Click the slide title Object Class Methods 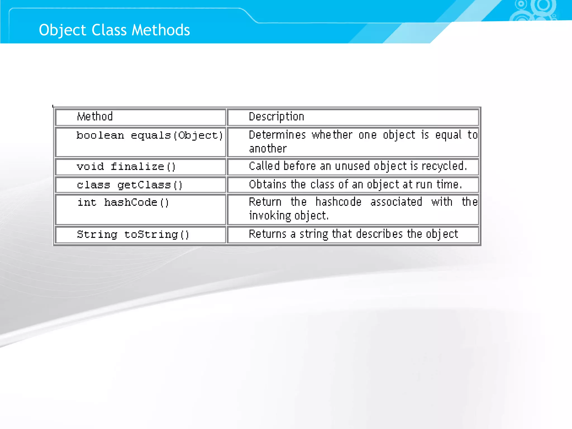coord(114,30)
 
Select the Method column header coord(95,116)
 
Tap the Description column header coord(276,117)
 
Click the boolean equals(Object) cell coord(149,135)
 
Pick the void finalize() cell coord(126,167)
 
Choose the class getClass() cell coord(130,185)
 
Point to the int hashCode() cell coord(123,202)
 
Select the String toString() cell coord(133,234)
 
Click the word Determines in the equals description coord(277,135)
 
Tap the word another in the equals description coord(268,149)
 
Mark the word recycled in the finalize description coord(444,166)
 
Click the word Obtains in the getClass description coord(267,185)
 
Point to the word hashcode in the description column coord(338,202)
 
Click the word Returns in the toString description coord(267,234)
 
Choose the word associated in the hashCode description coord(396,202)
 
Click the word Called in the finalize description coord(264,166)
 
